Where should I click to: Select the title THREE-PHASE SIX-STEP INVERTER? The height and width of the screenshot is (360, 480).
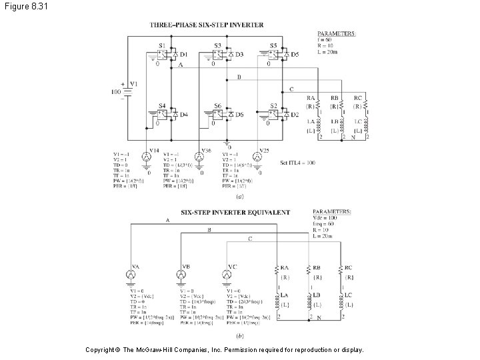coord(207,25)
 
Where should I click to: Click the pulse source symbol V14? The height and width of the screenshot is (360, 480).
coord(147,156)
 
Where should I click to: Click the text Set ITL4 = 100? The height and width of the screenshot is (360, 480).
coord(297,162)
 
